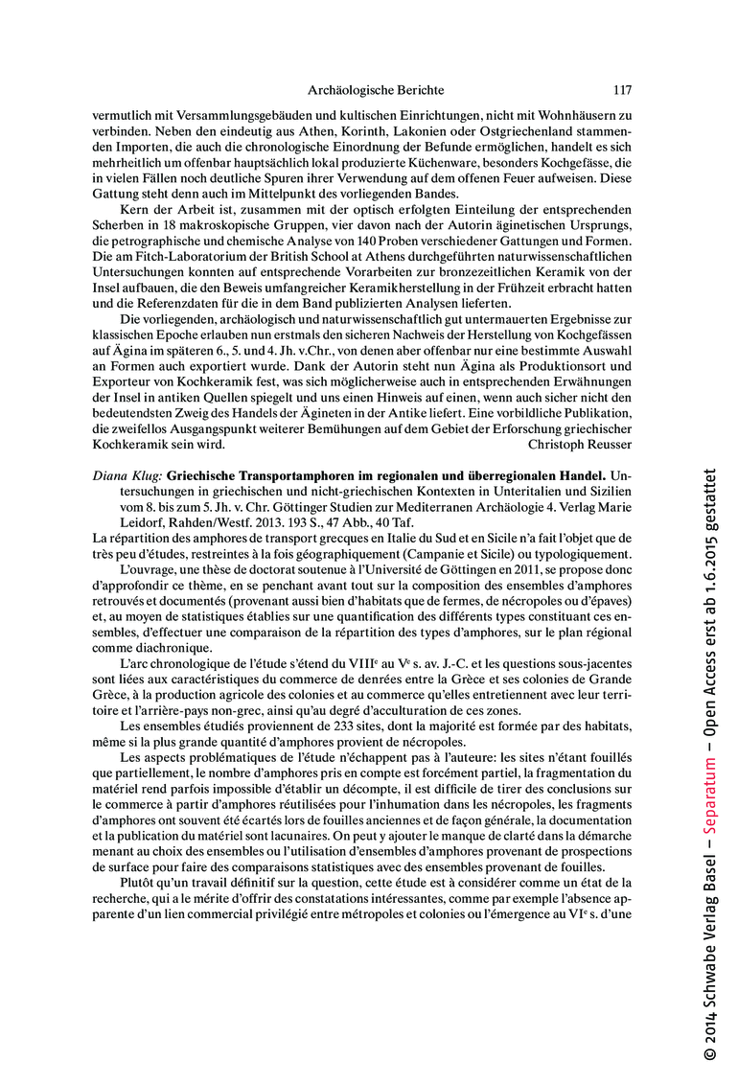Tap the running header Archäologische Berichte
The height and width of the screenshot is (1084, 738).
[376, 90]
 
